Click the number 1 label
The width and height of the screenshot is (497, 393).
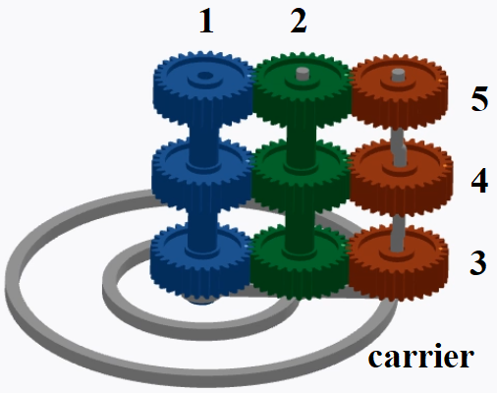pyautogui.click(x=206, y=22)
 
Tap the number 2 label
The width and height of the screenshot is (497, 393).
pyautogui.click(x=299, y=22)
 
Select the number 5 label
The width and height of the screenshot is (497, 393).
pyautogui.click(x=479, y=98)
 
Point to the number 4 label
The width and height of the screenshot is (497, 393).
pyautogui.click(x=479, y=181)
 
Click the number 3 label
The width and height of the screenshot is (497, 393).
pyautogui.click(x=478, y=262)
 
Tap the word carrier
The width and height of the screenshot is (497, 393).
pyautogui.click(x=421, y=357)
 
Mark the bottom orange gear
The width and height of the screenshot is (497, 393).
pyautogui.click(x=398, y=262)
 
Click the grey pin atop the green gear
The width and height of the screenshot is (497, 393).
pyautogui.click(x=303, y=74)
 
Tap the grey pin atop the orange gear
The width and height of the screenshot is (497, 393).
pyautogui.click(x=398, y=75)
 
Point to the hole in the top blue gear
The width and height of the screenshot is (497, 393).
pyautogui.click(x=204, y=76)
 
